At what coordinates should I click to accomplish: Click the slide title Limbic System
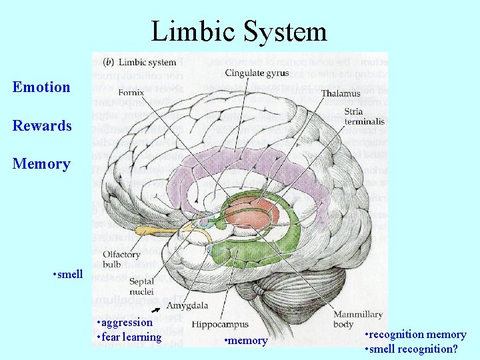[239, 31]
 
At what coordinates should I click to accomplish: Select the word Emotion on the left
[41, 87]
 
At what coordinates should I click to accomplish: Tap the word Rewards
[42, 125]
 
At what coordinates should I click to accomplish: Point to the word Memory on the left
[41, 163]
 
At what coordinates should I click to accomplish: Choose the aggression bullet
[125, 323]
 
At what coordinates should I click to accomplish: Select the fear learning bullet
[129, 337]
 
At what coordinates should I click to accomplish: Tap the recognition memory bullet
[416, 334]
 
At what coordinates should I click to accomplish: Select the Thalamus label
[339, 94]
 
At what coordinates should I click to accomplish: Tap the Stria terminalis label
[363, 117]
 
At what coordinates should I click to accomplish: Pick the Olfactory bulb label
[121, 259]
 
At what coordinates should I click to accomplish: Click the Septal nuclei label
[141, 287]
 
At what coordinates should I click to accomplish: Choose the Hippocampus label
[220, 325]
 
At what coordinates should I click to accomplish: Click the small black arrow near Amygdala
[156, 310]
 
